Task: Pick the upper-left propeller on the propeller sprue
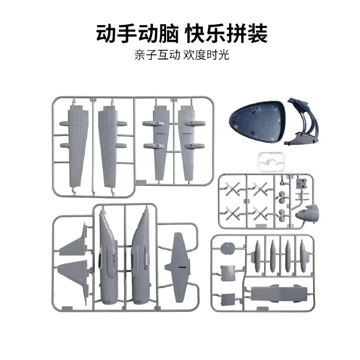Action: click(232, 189)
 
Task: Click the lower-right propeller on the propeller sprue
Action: click(261, 213)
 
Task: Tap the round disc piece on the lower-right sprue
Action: click(227, 248)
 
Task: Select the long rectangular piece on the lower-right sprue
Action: click(279, 294)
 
